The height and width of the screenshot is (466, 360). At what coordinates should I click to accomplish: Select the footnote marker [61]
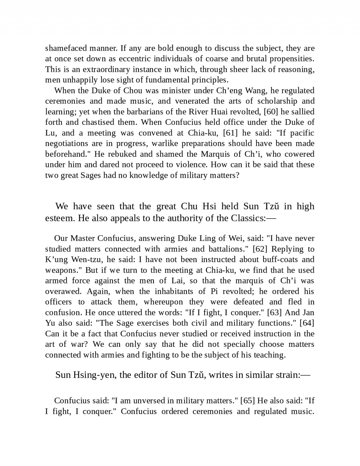229,133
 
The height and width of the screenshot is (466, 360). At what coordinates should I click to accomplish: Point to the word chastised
98,122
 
